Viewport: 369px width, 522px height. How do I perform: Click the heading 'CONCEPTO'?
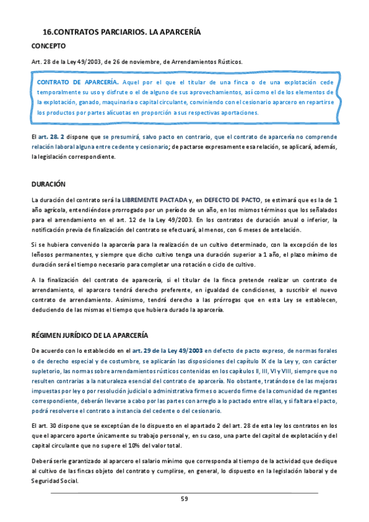(x=49, y=46)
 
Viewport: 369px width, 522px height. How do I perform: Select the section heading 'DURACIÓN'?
(x=49, y=184)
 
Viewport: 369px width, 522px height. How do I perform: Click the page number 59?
(x=184, y=499)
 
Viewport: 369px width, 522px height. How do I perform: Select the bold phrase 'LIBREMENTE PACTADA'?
(x=154, y=200)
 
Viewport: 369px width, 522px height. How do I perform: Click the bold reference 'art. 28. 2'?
(x=51, y=137)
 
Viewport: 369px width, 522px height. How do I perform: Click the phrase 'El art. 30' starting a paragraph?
(x=44, y=426)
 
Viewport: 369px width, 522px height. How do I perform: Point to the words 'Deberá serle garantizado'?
(x=64, y=461)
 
